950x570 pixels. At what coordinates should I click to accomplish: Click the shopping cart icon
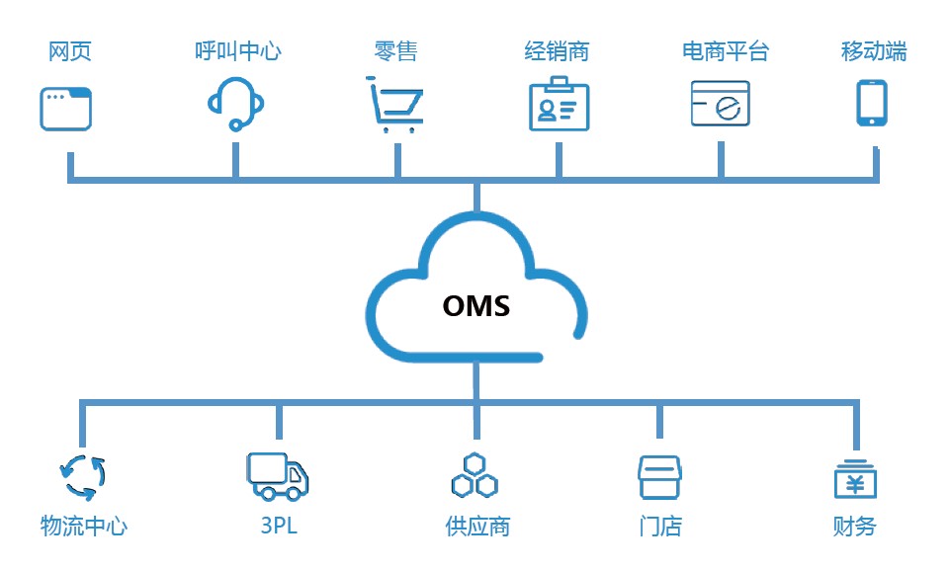[x=395, y=104]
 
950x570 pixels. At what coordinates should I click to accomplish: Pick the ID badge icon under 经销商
[x=559, y=104]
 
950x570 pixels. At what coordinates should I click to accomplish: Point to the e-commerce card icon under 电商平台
[x=721, y=104]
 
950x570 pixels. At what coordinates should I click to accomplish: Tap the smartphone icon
[x=871, y=103]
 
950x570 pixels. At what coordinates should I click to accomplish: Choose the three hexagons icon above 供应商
[x=475, y=476]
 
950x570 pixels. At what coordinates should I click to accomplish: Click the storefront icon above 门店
[x=659, y=476]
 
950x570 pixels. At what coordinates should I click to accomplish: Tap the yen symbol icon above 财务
[x=855, y=479]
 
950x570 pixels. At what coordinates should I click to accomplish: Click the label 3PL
[x=279, y=526]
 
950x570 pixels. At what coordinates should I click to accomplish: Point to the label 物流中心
[x=84, y=526]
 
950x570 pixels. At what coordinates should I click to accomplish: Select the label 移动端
[x=874, y=51]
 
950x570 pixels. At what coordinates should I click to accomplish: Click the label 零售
[x=395, y=51]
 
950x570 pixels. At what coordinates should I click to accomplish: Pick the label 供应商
[x=477, y=526]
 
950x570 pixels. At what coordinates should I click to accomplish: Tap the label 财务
[x=855, y=526]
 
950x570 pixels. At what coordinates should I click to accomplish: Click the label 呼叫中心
[x=237, y=51]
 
